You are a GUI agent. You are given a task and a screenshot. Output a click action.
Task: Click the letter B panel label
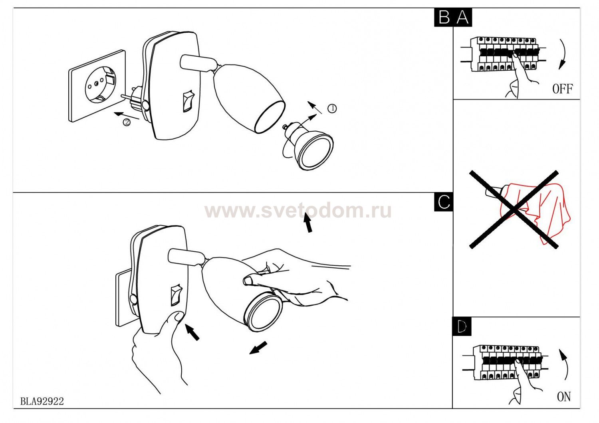pyautogui.click(x=444, y=18)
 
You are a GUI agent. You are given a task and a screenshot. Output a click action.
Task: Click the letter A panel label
pyautogui.click(x=462, y=18)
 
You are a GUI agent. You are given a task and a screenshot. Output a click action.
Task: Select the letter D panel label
pyautogui.click(x=462, y=326)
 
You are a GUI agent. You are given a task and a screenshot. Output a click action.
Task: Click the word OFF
pyautogui.click(x=563, y=89)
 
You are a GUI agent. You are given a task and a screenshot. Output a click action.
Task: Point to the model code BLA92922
pyautogui.click(x=42, y=401)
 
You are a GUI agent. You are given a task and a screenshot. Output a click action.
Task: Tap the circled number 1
pyautogui.click(x=332, y=109)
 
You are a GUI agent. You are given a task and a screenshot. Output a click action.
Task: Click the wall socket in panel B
pyautogui.click(x=97, y=86)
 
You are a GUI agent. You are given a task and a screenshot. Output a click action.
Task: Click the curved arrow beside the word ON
pyautogui.click(x=564, y=364)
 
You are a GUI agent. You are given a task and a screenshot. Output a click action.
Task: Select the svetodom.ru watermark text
pyautogui.click(x=298, y=211)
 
